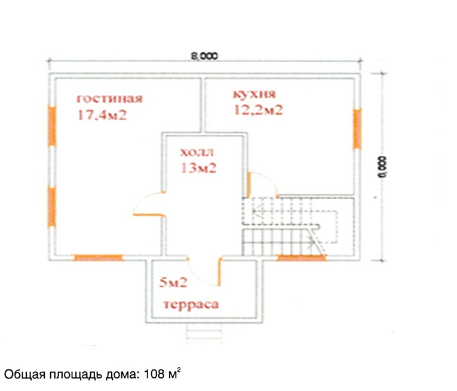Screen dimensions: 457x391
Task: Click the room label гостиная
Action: (x=109, y=99)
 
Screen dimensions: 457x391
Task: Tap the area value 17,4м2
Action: (x=102, y=115)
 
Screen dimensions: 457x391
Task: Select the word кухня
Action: (x=254, y=94)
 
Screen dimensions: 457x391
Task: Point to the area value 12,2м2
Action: (x=259, y=110)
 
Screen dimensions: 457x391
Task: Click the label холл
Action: (x=197, y=152)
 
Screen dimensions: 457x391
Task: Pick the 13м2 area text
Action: (x=199, y=168)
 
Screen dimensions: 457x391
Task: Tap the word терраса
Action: (x=191, y=304)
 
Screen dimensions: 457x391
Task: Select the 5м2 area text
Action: (x=173, y=282)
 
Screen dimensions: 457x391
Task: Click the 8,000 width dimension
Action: (x=204, y=56)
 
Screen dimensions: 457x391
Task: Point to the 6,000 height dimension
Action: (x=383, y=167)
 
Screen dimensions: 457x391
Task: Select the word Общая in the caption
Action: (x=25, y=374)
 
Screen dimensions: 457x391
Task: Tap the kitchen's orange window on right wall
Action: (x=357, y=129)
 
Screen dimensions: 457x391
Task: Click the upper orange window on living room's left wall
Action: (x=52, y=126)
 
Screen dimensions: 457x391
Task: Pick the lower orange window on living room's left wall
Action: (x=51, y=207)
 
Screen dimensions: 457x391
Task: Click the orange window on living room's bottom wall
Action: (x=98, y=258)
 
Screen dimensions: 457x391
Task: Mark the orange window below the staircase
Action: (x=301, y=258)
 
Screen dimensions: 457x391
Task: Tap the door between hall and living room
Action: (x=149, y=204)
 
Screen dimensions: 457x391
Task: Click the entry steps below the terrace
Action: (x=204, y=332)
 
